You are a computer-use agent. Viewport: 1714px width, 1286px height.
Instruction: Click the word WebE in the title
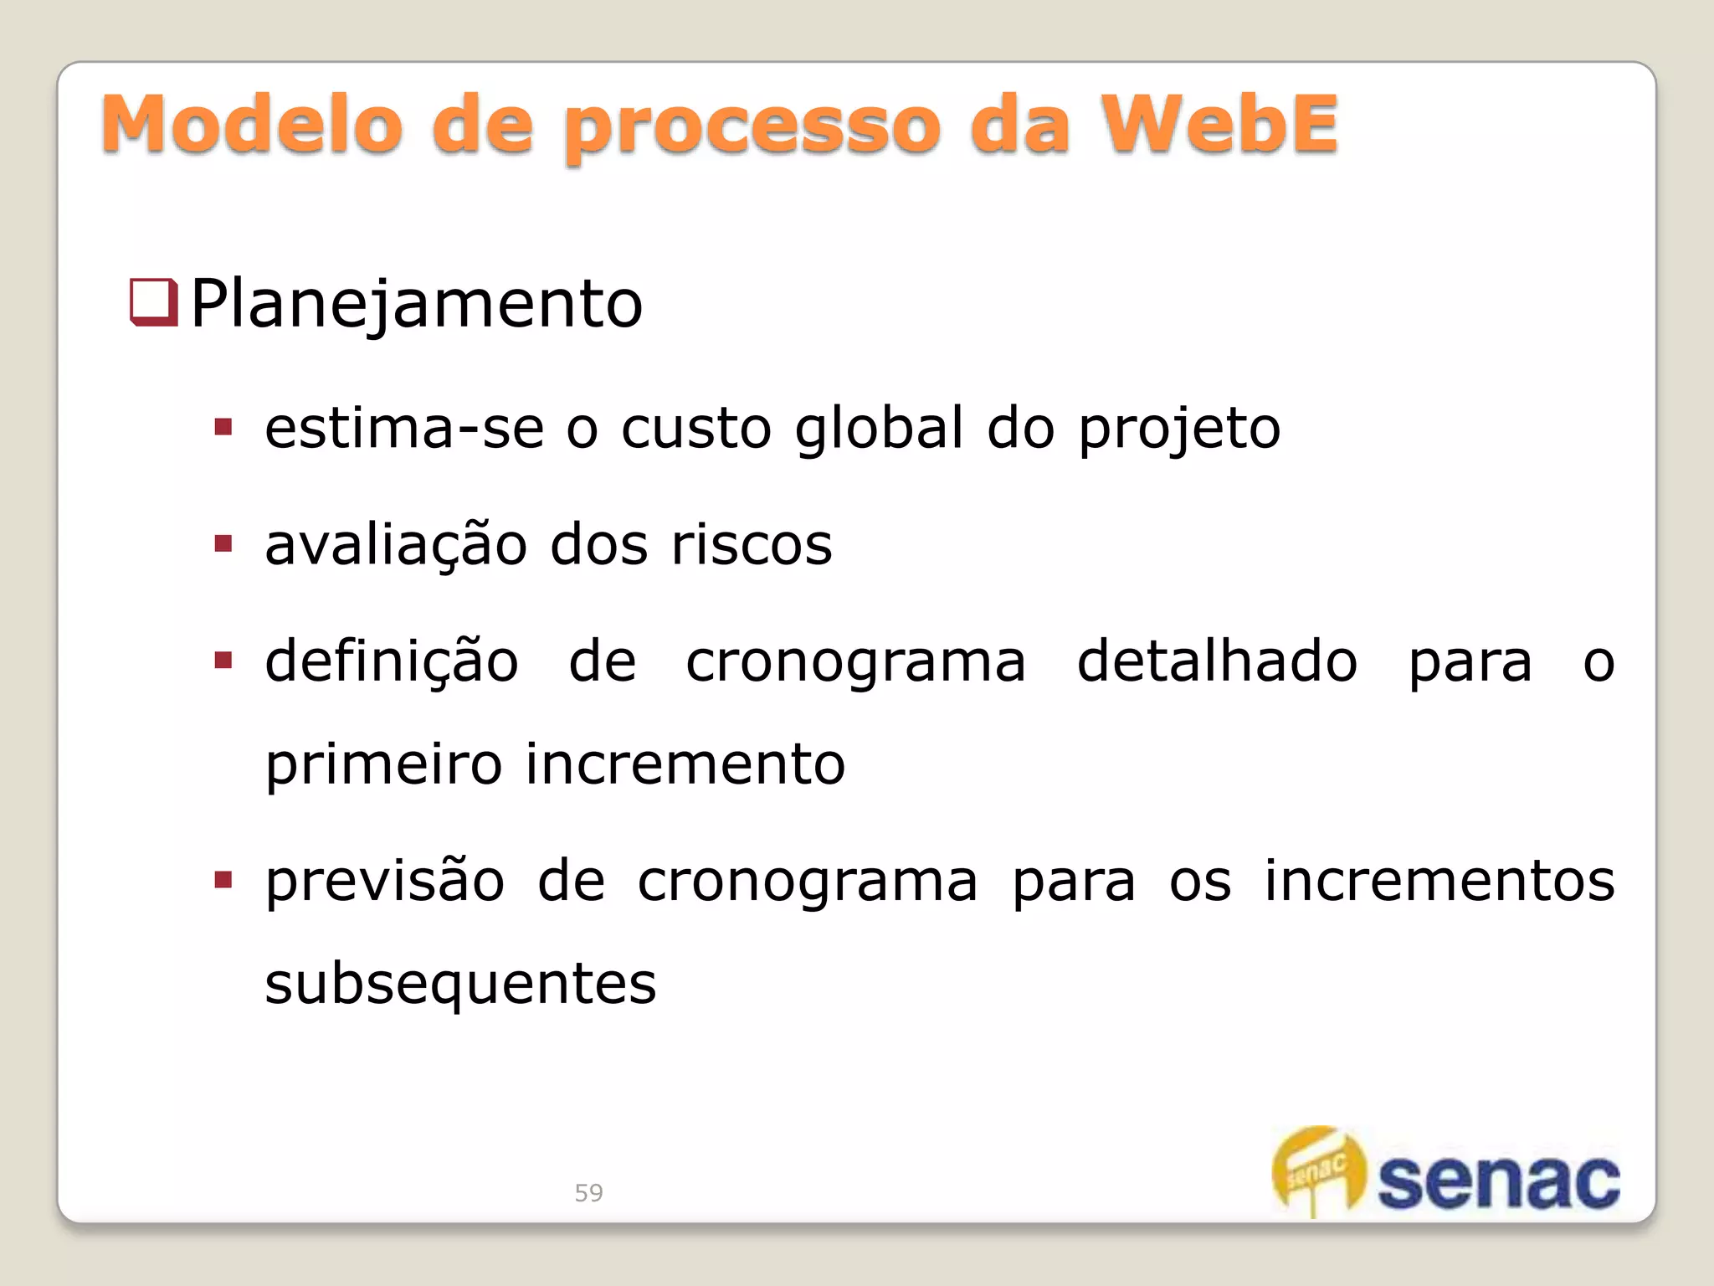click(x=1219, y=125)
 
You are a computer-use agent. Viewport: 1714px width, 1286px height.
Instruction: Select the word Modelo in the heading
click(x=252, y=125)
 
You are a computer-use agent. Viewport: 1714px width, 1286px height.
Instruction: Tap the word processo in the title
click(x=752, y=128)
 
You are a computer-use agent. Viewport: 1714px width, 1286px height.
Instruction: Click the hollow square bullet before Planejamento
click(x=154, y=301)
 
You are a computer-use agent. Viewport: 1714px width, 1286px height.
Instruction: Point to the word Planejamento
click(x=417, y=304)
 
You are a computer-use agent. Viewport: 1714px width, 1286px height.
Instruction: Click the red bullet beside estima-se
click(x=223, y=428)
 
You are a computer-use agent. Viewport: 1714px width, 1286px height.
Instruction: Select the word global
click(x=879, y=429)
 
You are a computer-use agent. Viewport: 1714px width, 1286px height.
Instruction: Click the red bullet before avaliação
click(x=223, y=544)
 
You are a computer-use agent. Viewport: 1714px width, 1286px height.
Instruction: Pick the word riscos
click(x=752, y=545)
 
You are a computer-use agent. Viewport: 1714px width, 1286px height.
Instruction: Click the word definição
click(x=392, y=661)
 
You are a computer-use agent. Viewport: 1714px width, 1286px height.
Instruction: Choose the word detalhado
click(x=1217, y=661)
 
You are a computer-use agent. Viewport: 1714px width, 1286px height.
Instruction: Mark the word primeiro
click(x=384, y=764)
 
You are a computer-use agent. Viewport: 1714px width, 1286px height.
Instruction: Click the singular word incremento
click(x=685, y=764)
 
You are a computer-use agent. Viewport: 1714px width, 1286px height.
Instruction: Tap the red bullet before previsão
click(x=223, y=880)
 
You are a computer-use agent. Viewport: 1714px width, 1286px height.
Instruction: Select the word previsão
click(x=385, y=882)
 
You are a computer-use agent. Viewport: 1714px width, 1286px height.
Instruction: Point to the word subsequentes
click(x=460, y=984)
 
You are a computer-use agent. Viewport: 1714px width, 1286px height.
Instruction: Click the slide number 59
click(x=588, y=1192)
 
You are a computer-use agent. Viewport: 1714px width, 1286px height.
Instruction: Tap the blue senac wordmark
click(x=1499, y=1181)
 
